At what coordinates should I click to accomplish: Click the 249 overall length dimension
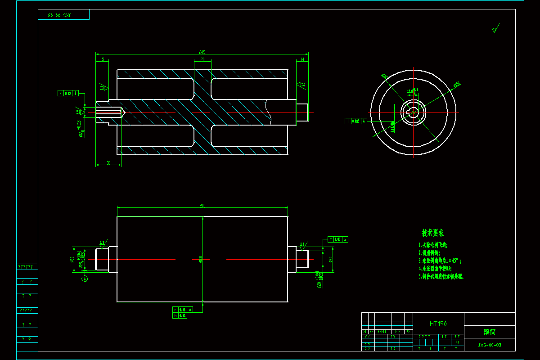coord(202,52)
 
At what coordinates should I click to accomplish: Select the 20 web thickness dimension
coord(202,59)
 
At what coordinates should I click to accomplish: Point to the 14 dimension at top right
coord(302,59)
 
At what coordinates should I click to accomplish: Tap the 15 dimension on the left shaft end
coord(102,59)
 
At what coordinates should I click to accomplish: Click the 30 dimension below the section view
coord(108,163)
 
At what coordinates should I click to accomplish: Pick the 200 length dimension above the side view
coord(202,206)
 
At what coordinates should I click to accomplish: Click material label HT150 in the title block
coord(438,324)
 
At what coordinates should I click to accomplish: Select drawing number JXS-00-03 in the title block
coord(489,345)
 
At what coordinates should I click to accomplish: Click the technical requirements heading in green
coord(432,233)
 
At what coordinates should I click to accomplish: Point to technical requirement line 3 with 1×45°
coord(440,261)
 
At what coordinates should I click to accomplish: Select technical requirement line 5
coord(441,276)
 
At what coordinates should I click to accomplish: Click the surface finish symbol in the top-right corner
coord(495,29)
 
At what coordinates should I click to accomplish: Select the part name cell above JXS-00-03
coord(489,332)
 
